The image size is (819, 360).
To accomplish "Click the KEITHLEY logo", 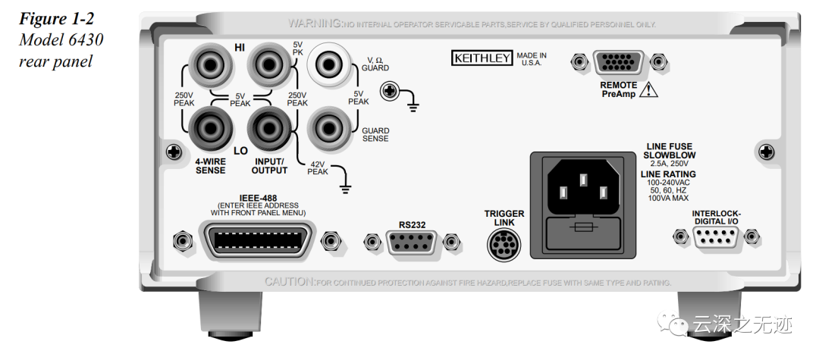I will tap(482, 58).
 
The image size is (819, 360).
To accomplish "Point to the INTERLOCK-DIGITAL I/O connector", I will tap(715, 239).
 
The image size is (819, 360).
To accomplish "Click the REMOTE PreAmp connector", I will tap(617, 62).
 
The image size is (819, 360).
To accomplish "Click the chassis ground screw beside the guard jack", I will tap(390, 92).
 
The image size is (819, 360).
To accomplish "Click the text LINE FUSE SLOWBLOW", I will tap(669, 150).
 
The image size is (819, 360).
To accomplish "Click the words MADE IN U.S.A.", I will tap(532, 59).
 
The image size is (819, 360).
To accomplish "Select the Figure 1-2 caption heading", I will tap(52, 18).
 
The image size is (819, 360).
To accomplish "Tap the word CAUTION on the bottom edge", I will tap(288, 282).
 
